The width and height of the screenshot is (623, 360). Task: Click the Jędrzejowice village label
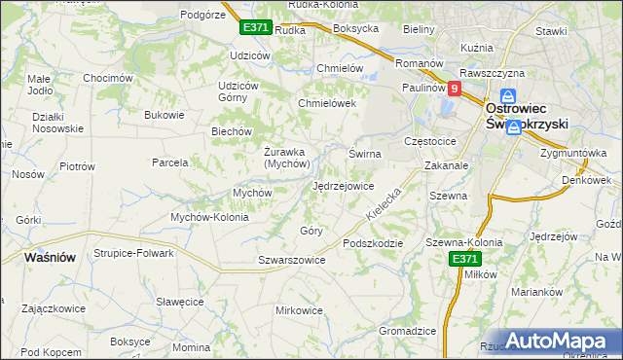point(343,185)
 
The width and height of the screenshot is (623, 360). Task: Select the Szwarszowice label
point(291,260)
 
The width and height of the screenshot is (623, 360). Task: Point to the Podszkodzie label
point(372,243)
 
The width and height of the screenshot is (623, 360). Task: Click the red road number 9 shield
point(454,87)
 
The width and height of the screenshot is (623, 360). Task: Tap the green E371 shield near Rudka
point(255,28)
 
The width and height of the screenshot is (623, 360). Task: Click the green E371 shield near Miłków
point(464,258)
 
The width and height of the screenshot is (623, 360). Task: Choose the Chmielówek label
point(327,103)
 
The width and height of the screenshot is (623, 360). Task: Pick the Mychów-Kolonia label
point(209,217)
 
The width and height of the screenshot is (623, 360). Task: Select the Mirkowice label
point(299,310)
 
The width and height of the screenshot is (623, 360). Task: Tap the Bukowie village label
point(164,115)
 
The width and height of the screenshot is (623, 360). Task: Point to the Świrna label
point(364,154)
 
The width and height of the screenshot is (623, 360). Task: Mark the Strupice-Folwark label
point(133,253)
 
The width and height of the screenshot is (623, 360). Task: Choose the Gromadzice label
point(407,331)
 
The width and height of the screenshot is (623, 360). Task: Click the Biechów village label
point(232,131)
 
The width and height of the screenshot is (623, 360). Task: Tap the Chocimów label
point(107,78)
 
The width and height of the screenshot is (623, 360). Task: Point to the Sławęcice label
point(178,303)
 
